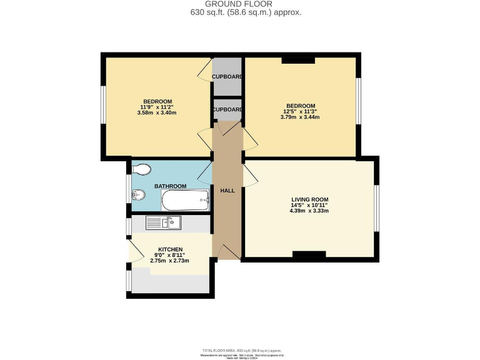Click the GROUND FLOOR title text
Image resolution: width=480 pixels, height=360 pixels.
tap(240, 4)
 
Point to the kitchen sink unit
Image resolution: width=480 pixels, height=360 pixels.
tap(164, 222)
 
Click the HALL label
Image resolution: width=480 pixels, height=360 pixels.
tap(227, 190)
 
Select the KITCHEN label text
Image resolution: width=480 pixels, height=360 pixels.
tap(170, 249)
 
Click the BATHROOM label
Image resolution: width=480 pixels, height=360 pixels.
tap(171, 186)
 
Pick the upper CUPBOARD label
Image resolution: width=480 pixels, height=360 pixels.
tap(227, 76)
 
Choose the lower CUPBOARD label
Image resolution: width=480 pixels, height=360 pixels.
tap(227, 109)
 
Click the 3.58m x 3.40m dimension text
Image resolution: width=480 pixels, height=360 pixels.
tap(157, 113)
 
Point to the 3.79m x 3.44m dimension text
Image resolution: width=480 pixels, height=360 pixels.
tap(300, 117)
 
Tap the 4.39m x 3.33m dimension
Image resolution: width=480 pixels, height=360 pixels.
tap(309, 211)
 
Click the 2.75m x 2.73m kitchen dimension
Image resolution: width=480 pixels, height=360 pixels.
tap(170, 261)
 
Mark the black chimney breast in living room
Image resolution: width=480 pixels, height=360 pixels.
tap(309, 254)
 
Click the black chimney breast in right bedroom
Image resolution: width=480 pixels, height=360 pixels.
tap(298, 61)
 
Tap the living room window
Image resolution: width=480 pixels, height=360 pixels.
tap(377, 207)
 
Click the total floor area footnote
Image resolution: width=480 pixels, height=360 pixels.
tap(240, 351)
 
